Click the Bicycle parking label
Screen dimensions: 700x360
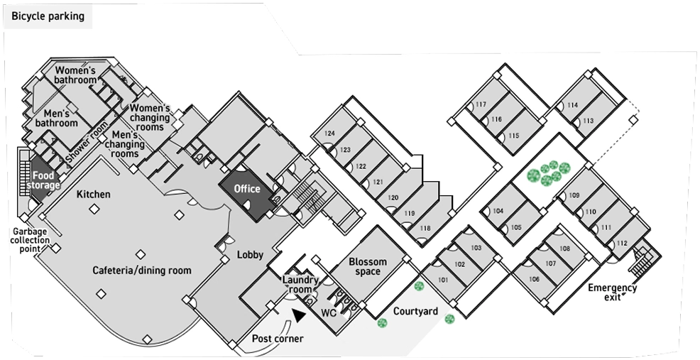(48, 16)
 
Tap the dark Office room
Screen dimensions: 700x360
(247, 195)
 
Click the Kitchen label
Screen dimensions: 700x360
(93, 195)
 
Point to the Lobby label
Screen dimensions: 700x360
(250, 255)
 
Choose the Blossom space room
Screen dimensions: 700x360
(368, 266)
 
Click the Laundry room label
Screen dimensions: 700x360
(300, 285)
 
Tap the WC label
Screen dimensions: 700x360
(329, 313)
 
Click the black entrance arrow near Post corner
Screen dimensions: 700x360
(299, 315)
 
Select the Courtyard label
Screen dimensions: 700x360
(415, 311)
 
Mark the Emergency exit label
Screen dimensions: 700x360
(612, 292)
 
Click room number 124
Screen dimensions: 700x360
(330, 133)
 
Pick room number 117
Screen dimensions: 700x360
(481, 104)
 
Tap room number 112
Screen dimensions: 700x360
(622, 244)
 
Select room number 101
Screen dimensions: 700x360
(443, 280)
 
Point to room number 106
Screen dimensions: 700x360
(534, 279)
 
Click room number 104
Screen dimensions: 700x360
(498, 211)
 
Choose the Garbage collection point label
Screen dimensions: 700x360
(30, 240)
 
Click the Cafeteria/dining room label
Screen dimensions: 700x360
(142, 271)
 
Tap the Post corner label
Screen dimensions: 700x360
(278, 339)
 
